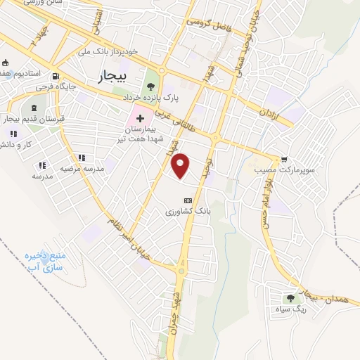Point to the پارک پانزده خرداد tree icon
click(150, 87)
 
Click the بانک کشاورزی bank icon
click(187, 200)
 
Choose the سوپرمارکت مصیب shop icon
click(284, 160)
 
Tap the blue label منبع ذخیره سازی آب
click(44, 262)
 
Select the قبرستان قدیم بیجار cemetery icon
click(34, 108)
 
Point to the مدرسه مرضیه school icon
click(82, 158)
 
